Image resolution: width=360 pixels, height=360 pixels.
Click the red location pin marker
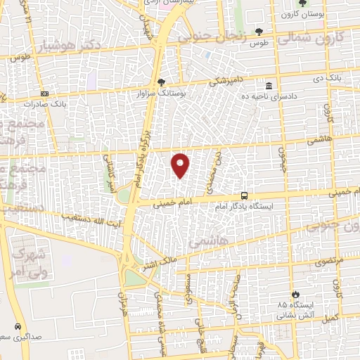click(181, 165)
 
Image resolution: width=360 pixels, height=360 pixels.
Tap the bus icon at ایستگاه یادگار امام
click(244, 195)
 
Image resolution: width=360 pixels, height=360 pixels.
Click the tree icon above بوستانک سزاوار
click(161, 82)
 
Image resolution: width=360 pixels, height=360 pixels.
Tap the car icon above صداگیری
click(16, 327)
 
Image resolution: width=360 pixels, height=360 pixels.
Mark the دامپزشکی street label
click(222, 81)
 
